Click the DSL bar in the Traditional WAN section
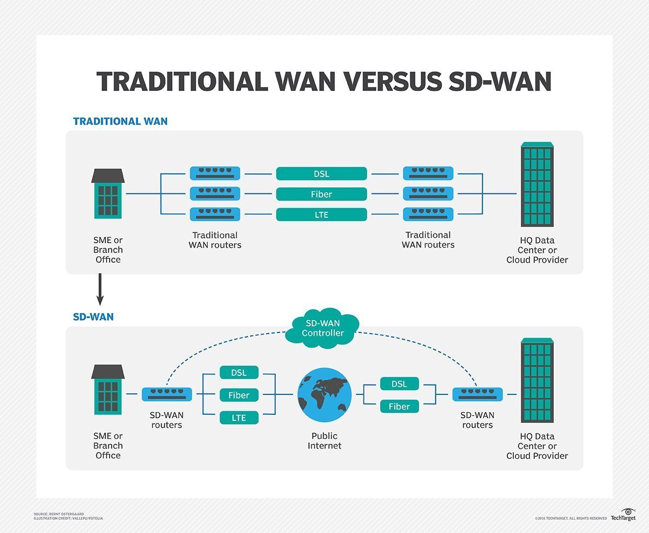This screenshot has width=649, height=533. pyautogui.click(x=321, y=174)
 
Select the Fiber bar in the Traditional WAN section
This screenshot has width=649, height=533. pyautogui.click(x=321, y=194)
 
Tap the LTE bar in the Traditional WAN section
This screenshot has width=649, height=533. pyautogui.click(x=321, y=214)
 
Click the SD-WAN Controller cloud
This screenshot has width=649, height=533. pyautogui.click(x=322, y=328)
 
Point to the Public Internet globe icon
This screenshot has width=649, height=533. pyautogui.click(x=325, y=395)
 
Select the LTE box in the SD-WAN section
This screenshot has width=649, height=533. pyautogui.click(x=239, y=418)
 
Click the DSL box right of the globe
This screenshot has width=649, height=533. pyautogui.click(x=399, y=384)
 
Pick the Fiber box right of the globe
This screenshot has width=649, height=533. pyautogui.click(x=399, y=406)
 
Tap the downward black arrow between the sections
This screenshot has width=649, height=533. pyautogui.click(x=100, y=290)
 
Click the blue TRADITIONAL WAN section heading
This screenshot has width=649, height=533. pyautogui.click(x=120, y=121)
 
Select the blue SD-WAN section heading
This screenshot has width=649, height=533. pyautogui.click(x=93, y=317)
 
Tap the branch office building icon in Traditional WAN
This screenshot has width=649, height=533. pyautogui.click(x=108, y=193)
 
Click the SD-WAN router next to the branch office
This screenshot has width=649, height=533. pyautogui.click(x=167, y=394)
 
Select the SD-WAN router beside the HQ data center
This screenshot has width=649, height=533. pyautogui.click(x=477, y=394)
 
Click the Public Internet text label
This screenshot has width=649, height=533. pyautogui.click(x=325, y=440)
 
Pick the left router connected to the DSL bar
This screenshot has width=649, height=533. pyautogui.click(x=215, y=174)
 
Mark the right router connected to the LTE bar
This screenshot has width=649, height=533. pyautogui.click(x=428, y=214)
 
